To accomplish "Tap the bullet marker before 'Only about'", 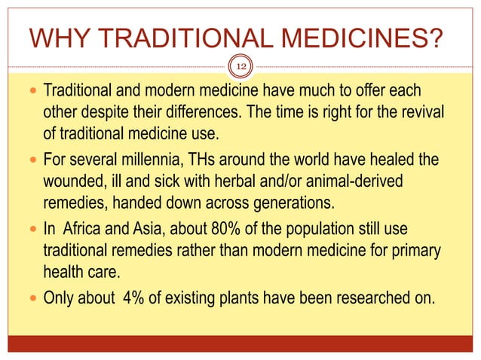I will (x=30, y=295).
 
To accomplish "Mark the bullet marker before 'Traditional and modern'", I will (x=30, y=92).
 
